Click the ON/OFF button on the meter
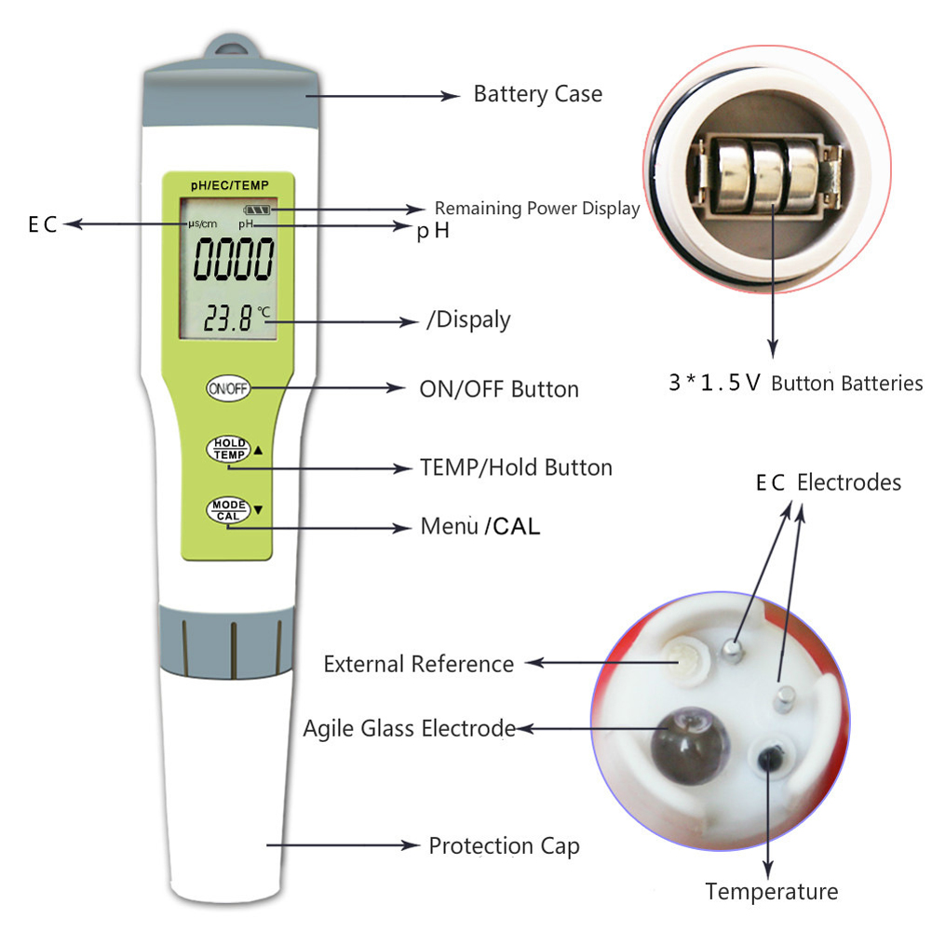[x=228, y=389]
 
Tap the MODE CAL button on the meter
[x=228, y=510]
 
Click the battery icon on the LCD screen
[x=257, y=209]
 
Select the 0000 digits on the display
[x=234, y=259]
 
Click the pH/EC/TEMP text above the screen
[x=229, y=185]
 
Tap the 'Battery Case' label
[x=538, y=94]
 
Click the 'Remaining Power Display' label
[x=537, y=208]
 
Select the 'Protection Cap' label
[x=504, y=845]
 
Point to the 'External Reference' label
[x=418, y=664]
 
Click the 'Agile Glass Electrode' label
[x=410, y=729]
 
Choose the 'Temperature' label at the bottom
[x=772, y=892]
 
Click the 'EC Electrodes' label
[x=829, y=482]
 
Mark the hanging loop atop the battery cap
[x=232, y=47]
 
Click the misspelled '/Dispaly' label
[x=468, y=319]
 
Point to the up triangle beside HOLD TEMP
[x=258, y=451]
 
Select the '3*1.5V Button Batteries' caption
[x=796, y=383]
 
